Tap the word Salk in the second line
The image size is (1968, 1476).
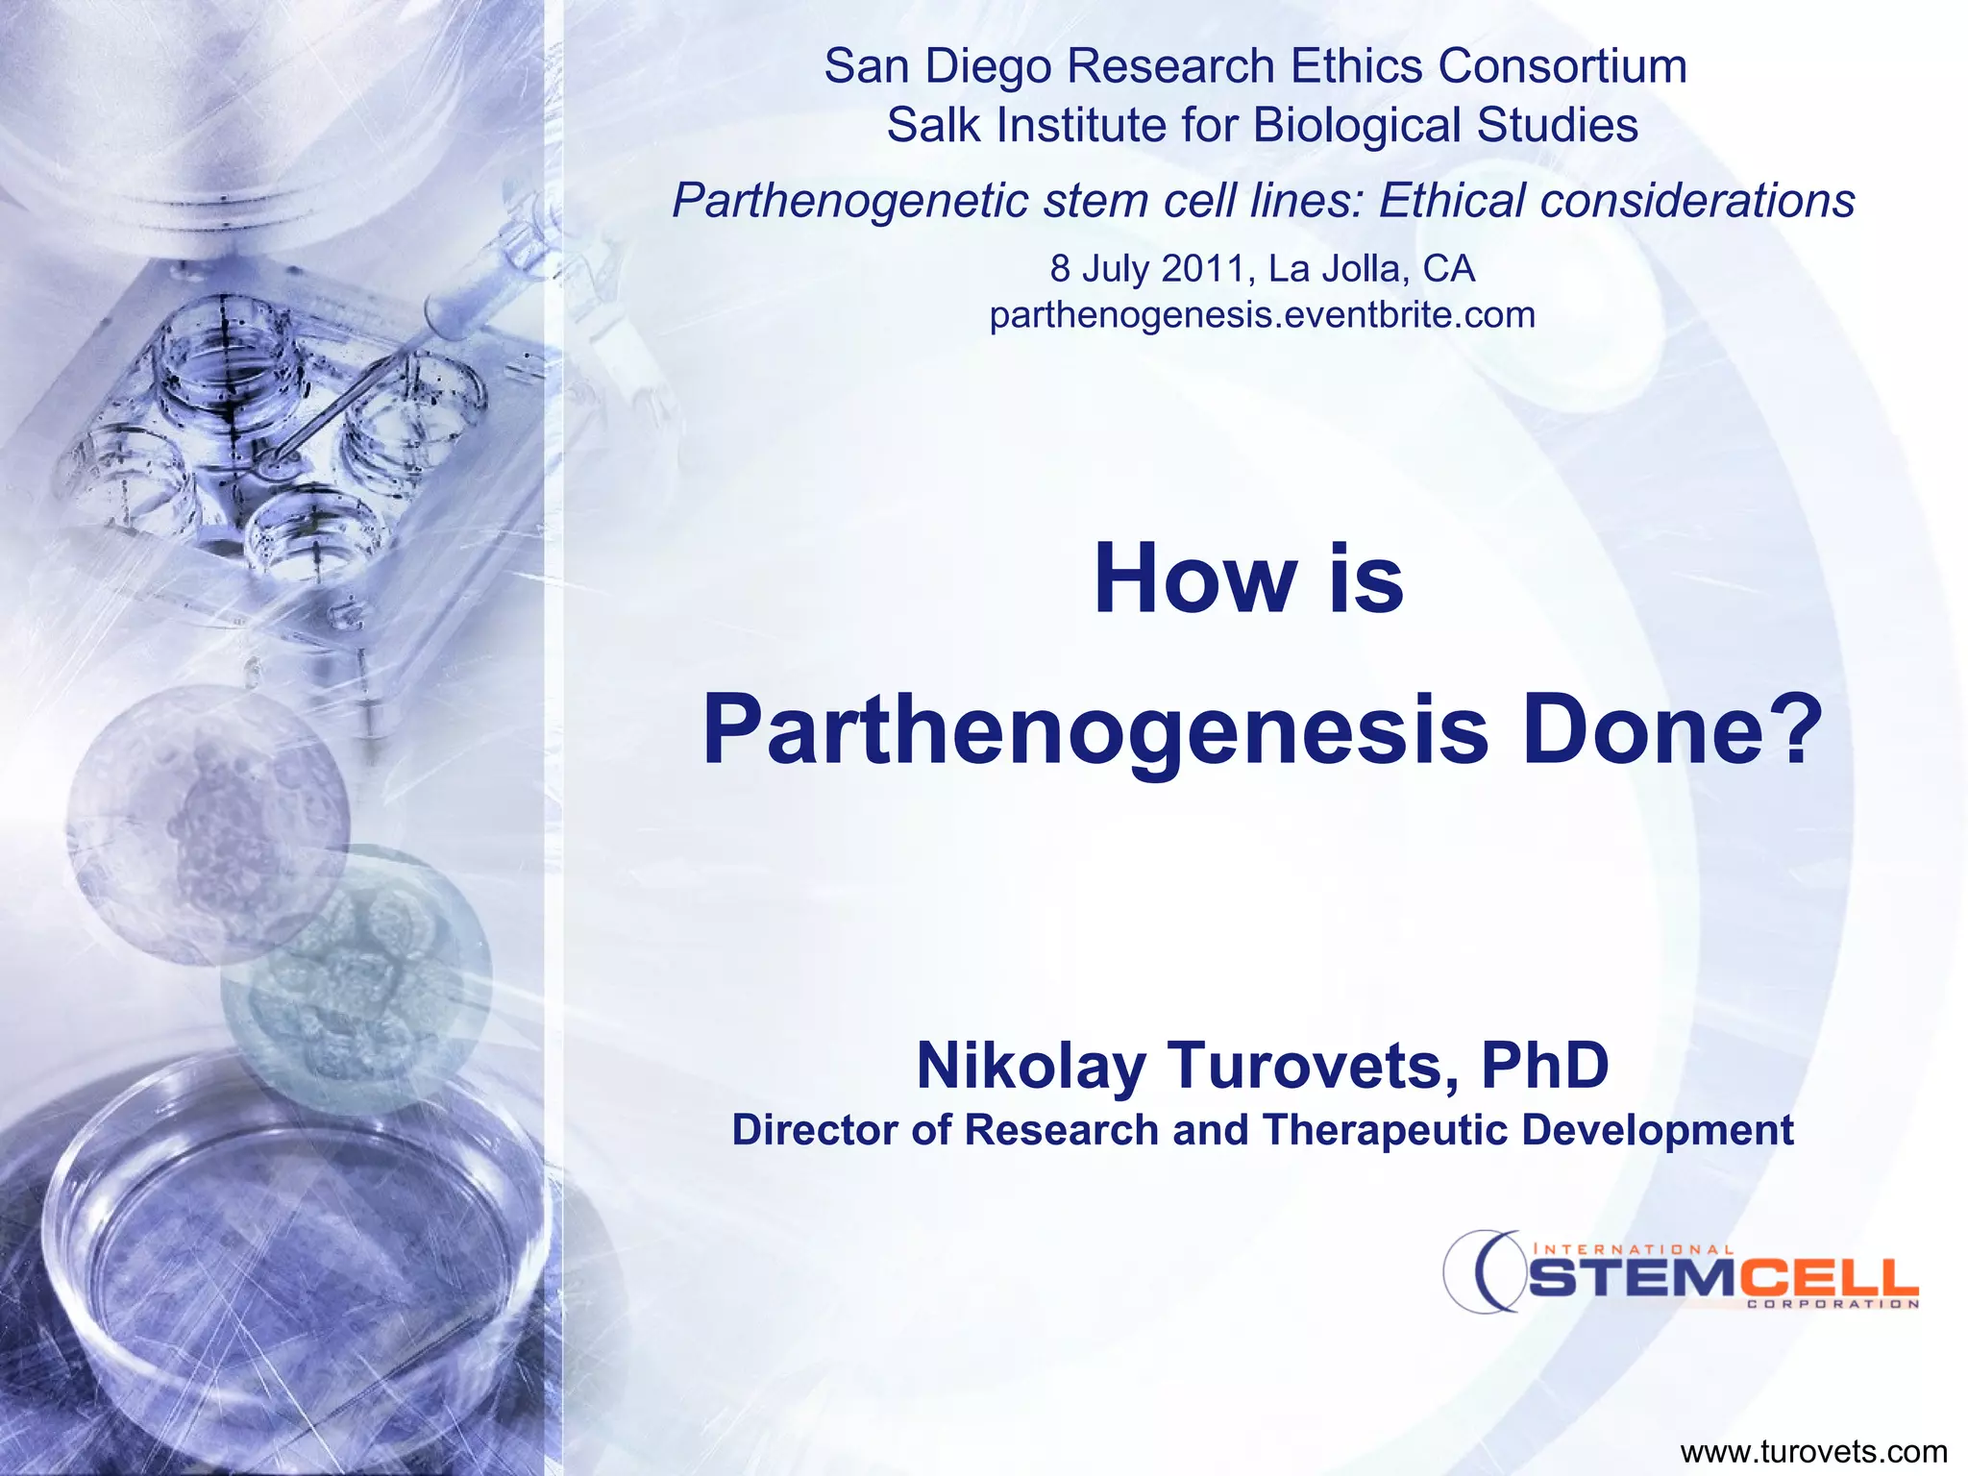click(927, 126)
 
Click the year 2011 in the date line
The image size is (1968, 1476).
click(1208, 269)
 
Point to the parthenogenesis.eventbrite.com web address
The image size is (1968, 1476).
click(1262, 315)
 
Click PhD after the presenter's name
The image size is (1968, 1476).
click(1545, 1067)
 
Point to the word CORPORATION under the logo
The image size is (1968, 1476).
click(1832, 1304)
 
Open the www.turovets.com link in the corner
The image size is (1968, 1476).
click(1813, 1452)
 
